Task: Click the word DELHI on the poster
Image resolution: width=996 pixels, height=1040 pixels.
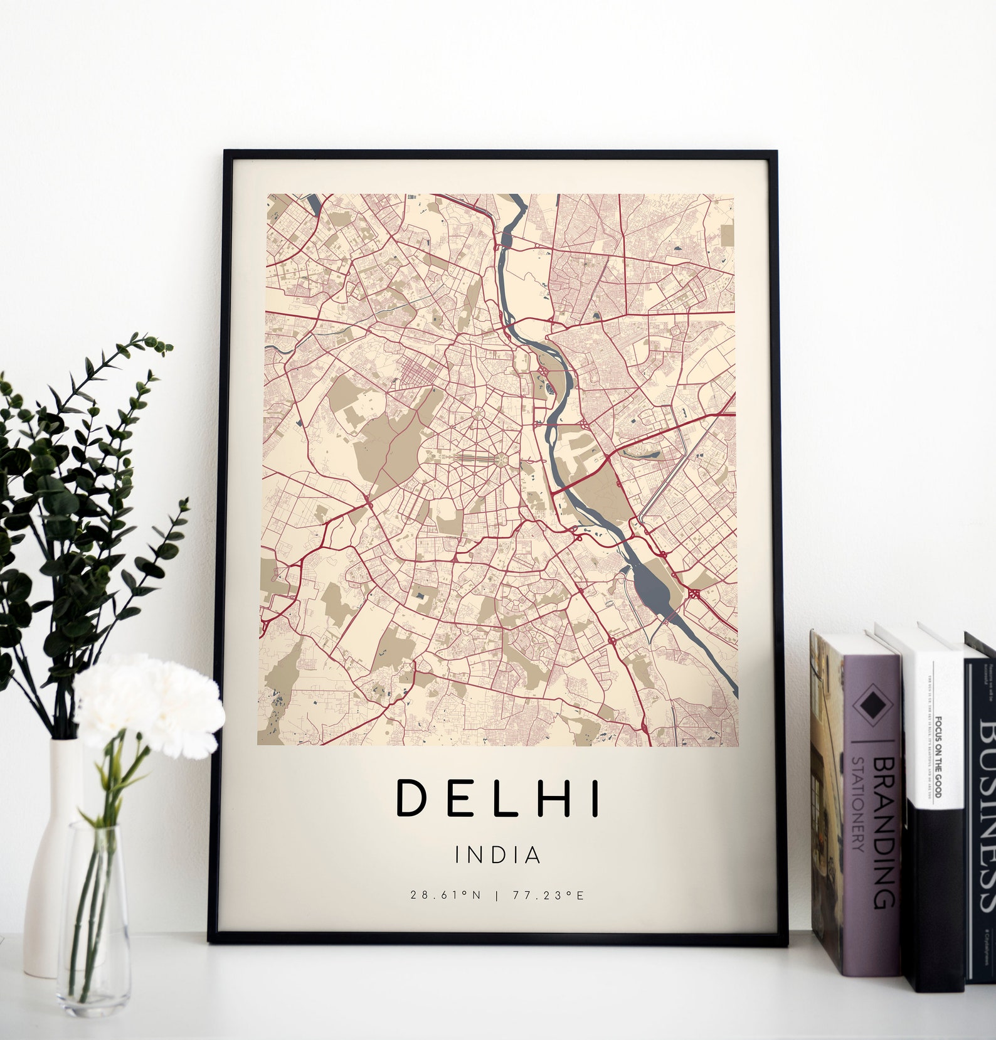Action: (x=497, y=799)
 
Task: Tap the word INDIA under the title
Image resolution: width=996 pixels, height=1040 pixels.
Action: (x=497, y=855)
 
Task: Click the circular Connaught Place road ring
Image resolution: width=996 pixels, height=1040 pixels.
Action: (x=475, y=415)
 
